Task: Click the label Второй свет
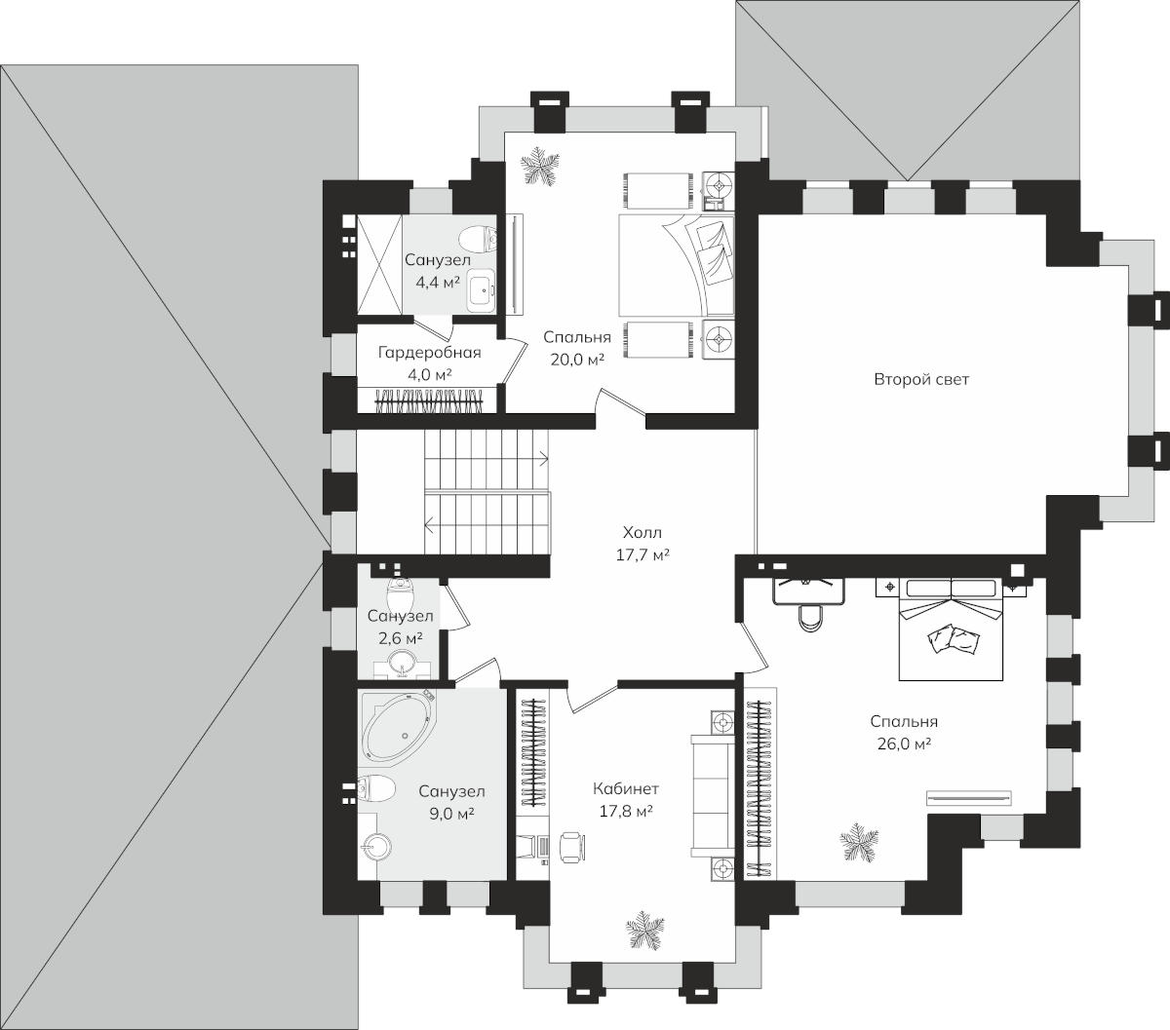[921, 379]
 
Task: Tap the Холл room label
[643, 532]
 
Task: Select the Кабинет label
[626, 788]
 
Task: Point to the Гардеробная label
[429, 352]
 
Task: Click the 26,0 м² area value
[904, 744]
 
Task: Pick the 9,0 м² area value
[451, 814]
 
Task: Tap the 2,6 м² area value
[400, 638]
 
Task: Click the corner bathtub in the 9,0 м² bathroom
[399, 725]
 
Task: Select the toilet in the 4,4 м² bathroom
[478, 239]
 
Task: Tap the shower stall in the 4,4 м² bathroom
[379, 264]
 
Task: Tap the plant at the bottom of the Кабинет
[645, 931]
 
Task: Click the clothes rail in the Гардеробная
[429, 401]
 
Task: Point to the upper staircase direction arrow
[542, 460]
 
